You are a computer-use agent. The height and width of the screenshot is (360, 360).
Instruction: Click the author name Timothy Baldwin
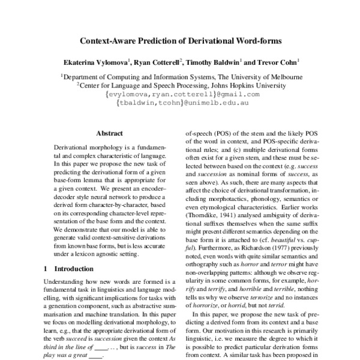click(x=212, y=61)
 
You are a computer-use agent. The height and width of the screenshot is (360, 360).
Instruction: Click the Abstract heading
click(x=109, y=133)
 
